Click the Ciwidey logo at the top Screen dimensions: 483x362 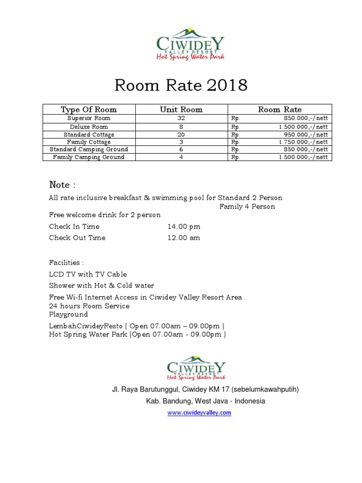click(x=190, y=44)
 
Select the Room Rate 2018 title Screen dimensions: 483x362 click(x=181, y=85)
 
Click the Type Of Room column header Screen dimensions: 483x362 click(x=89, y=109)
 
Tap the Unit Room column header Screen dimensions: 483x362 click(x=181, y=109)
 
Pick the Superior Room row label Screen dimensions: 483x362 click(x=89, y=118)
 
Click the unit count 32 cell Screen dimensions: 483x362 click(x=181, y=119)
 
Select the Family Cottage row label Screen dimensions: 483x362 click(x=89, y=142)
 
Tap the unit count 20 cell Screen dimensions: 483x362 click(x=181, y=134)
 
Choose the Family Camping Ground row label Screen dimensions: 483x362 click(x=89, y=157)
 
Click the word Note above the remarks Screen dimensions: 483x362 click(x=59, y=185)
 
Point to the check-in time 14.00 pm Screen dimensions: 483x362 click(x=184, y=227)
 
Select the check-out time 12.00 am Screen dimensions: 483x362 click(x=184, y=238)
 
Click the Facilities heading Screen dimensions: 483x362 click(x=66, y=262)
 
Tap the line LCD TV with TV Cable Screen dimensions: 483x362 click(x=88, y=274)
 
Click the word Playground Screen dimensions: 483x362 click(x=68, y=315)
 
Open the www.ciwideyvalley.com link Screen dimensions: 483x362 click(x=199, y=413)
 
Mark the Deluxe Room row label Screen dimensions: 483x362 click(x=89, y=127)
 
